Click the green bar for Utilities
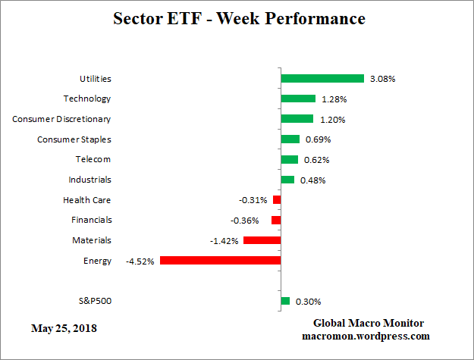pos(323,78)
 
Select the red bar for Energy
pos(220,261)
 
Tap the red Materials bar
pos(262,240)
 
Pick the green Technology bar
pos(298,99)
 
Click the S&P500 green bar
pos(285,301)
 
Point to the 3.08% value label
pos(383,78)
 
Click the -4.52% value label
pos(140,261)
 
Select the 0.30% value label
pos(307,302)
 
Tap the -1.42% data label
pos(224,241)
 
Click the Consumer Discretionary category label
pos(61,119)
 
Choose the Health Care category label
pos(87,200)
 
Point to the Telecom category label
pos(93,159)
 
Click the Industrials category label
pos(89,180)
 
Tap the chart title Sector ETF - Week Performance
pos(239,18)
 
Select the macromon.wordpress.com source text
pos(366,336)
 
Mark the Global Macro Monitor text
pos(369,323)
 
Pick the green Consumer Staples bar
pos(290,139)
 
